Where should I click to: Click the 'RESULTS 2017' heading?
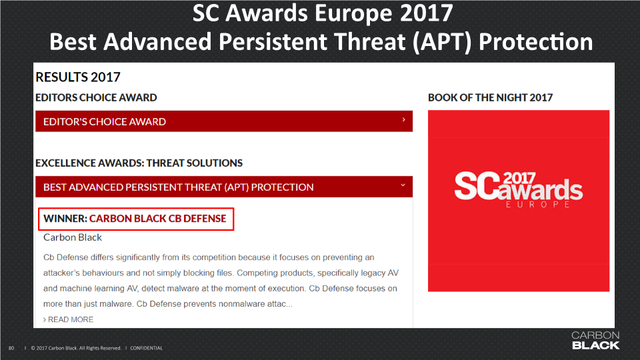click(78, 77)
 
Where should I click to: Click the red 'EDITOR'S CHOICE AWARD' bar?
click(224, 121)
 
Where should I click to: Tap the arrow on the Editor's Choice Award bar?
click(404, 119)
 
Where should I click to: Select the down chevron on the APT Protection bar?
click(403, 185)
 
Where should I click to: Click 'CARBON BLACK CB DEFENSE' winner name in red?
click(157, 219)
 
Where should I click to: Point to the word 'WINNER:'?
click(65, 219)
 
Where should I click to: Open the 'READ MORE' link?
click(68, 319)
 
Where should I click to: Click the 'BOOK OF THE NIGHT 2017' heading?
click(490, 97)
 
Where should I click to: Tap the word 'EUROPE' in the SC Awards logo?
click(538, 204)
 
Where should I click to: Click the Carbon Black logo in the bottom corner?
click(595, 341)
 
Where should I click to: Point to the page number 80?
click(11, 348)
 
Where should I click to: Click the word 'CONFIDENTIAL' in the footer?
click(147, 348)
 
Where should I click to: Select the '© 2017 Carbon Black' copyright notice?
click(76, 348)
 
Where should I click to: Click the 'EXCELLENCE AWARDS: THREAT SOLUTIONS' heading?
click(139, 163)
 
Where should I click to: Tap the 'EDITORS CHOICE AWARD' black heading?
click(96, 97)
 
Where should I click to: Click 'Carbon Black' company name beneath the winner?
click(73, 237)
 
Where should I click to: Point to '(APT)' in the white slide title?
click(442, 42)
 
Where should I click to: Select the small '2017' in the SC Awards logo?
click(519, 179)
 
